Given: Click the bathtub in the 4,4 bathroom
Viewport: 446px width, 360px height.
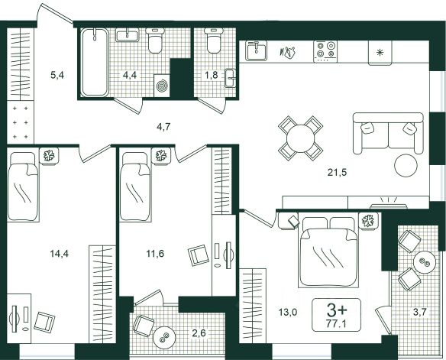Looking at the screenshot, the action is pos(95,62).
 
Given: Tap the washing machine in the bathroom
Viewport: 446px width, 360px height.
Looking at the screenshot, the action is pos(162,86).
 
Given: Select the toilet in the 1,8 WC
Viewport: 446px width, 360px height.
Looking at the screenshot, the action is pos(213,41).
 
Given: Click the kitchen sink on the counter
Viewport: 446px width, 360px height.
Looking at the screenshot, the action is pos(257,50).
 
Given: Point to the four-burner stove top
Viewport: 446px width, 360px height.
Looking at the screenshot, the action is pos(325,51).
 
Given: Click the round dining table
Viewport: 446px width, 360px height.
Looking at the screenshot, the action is pos(301,138).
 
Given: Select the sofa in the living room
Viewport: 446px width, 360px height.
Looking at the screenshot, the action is pos(388,133).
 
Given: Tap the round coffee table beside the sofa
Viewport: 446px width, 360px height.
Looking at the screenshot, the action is pos(406,165).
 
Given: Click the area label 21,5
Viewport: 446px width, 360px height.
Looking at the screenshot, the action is pos(338,173).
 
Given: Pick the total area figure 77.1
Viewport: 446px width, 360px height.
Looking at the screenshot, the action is pos(336,323).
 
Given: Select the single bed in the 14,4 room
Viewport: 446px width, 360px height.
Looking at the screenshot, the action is pos(23,186).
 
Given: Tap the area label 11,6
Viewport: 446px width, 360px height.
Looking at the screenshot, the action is pos(155,253).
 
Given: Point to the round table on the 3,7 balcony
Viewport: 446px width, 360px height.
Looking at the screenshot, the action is pos(424,262).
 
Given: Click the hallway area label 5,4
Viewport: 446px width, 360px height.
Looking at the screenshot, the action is pos(57,76).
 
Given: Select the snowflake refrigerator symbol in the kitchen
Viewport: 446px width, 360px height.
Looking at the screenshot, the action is pos(379,53).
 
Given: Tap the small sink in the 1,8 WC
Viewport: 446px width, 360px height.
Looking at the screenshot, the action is pos(230,78).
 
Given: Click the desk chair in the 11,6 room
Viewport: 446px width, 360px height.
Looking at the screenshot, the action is pos(199,255).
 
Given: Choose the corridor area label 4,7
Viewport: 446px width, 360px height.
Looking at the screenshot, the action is pos(163,126).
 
